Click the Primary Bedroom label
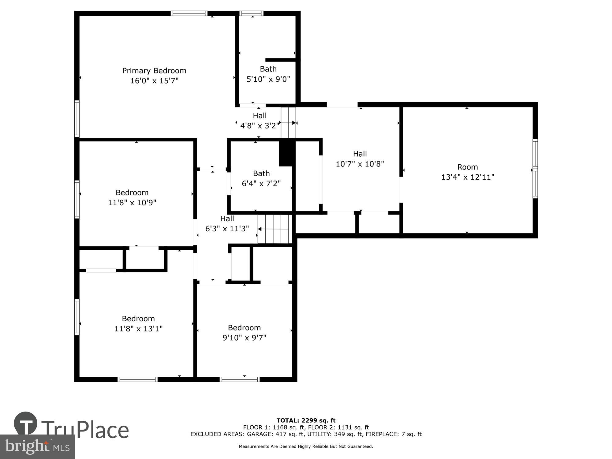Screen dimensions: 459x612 pos(154,71)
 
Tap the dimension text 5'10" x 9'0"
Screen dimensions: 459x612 pos(268,79)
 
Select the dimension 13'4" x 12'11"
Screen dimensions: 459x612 pos(468,177)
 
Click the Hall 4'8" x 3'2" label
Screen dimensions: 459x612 pos(259,116)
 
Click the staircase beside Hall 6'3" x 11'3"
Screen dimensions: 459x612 pos(273,229)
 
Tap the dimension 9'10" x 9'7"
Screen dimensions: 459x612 pos(244,338)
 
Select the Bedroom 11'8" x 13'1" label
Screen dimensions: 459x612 pos(138,319)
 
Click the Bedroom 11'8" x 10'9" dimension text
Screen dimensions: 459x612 pos(132,203)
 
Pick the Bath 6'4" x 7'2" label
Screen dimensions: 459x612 pos(261,174)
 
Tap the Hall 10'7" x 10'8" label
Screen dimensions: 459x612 pos(360,154)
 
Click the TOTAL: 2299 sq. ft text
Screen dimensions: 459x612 pos(306,420)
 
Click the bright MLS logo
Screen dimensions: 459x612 pos(37,447)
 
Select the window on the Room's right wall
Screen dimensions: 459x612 pos(535,169)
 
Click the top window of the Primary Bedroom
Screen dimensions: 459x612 pos(189,13)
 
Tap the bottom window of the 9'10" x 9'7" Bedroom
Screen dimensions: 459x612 pos(240,379)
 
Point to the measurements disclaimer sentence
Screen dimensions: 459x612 pos(306,446)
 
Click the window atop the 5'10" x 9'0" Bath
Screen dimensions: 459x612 pos(251,13)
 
